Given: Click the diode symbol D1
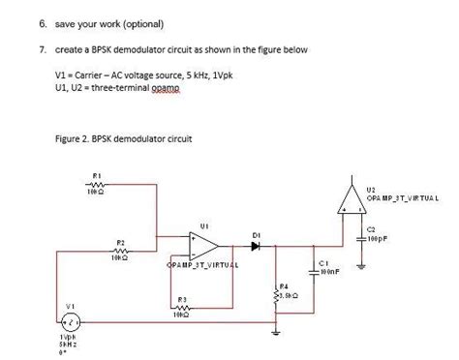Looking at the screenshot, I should click(x=256, y=245).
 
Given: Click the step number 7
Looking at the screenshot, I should click(x=32, y=47).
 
